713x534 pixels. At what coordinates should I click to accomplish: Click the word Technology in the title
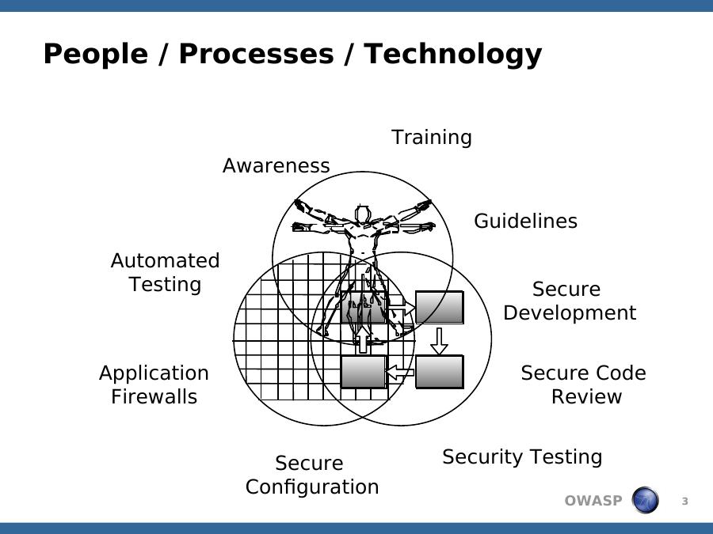coord(453,55)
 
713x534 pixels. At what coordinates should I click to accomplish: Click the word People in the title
coord(96,54)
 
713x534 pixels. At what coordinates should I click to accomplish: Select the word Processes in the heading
coord(257,54)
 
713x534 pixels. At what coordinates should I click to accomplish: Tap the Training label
coord(432,137)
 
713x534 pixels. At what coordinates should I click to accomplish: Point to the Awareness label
coord(276,165)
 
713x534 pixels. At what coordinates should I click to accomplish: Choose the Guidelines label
coord(526,222)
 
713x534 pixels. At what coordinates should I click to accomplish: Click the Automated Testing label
coord(165,272)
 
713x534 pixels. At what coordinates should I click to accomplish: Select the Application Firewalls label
coord(154,384)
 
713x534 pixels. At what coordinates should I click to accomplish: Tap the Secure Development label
coord(570,301)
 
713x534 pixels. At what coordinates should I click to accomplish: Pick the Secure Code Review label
coord(583,384)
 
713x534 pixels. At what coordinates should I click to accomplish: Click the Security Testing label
coord(522,456)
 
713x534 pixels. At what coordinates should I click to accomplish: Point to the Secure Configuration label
coord(312,475)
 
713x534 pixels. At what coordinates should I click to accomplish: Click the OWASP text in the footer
coord(593,501)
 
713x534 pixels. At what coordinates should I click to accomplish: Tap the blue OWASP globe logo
coord(645,500)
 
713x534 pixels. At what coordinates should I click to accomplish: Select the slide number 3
coord(684,502)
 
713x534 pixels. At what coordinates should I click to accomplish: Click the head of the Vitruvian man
coord(362,214)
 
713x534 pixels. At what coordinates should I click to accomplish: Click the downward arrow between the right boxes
coord(439,341)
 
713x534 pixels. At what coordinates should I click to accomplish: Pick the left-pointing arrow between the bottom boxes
coord(400,373)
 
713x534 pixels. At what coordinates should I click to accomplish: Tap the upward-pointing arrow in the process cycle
coord(362,339)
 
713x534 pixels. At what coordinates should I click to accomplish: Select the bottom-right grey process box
coord(439,373)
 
